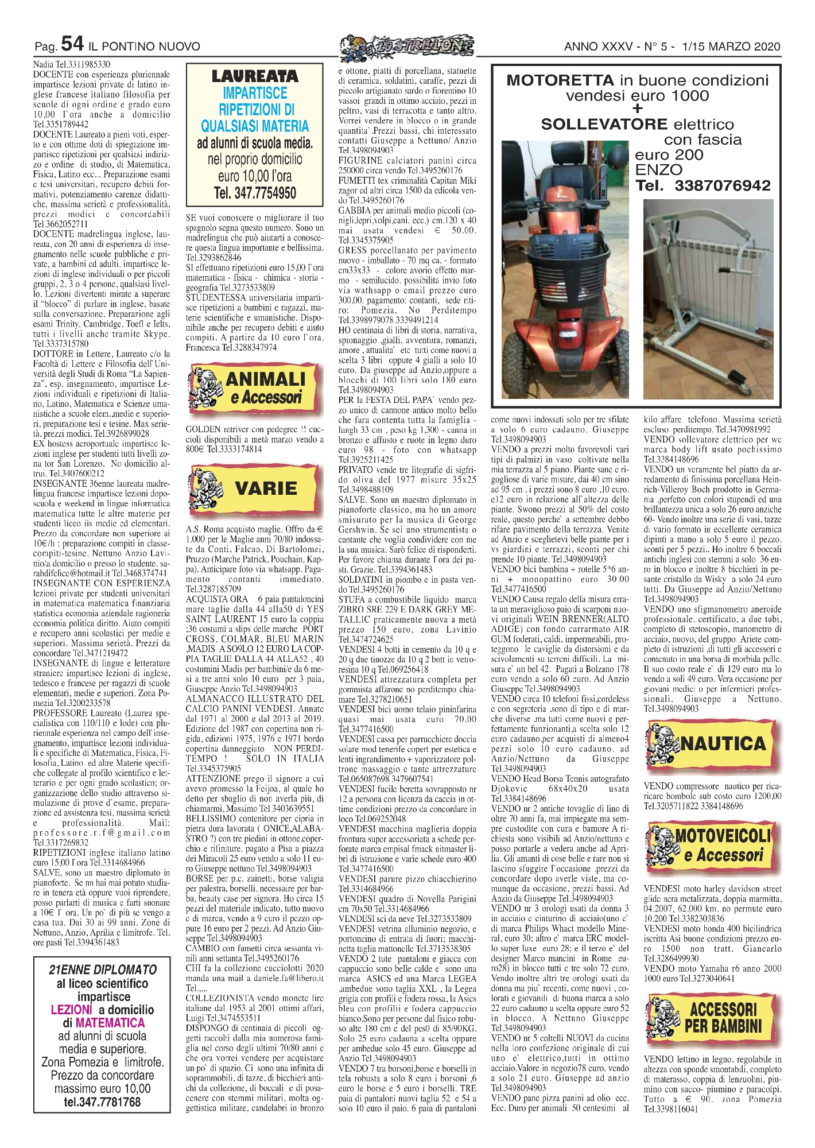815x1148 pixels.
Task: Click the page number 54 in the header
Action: pyautogui.click(x=72, y=44)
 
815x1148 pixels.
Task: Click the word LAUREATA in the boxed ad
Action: pyautogui.click(x=255, y=76)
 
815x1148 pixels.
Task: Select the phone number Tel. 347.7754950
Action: pyautogui.click(x=255, y=193)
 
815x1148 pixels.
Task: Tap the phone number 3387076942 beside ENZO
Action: pyautogui.click(x=722, y=185)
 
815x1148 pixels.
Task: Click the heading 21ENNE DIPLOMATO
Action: pyautogui.click(x=103, y=969)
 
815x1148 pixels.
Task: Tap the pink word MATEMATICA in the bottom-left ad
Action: pyautogui.click(x=110, y=1022)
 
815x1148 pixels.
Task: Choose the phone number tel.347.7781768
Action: pyautogui.click(x=102, y=1102)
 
